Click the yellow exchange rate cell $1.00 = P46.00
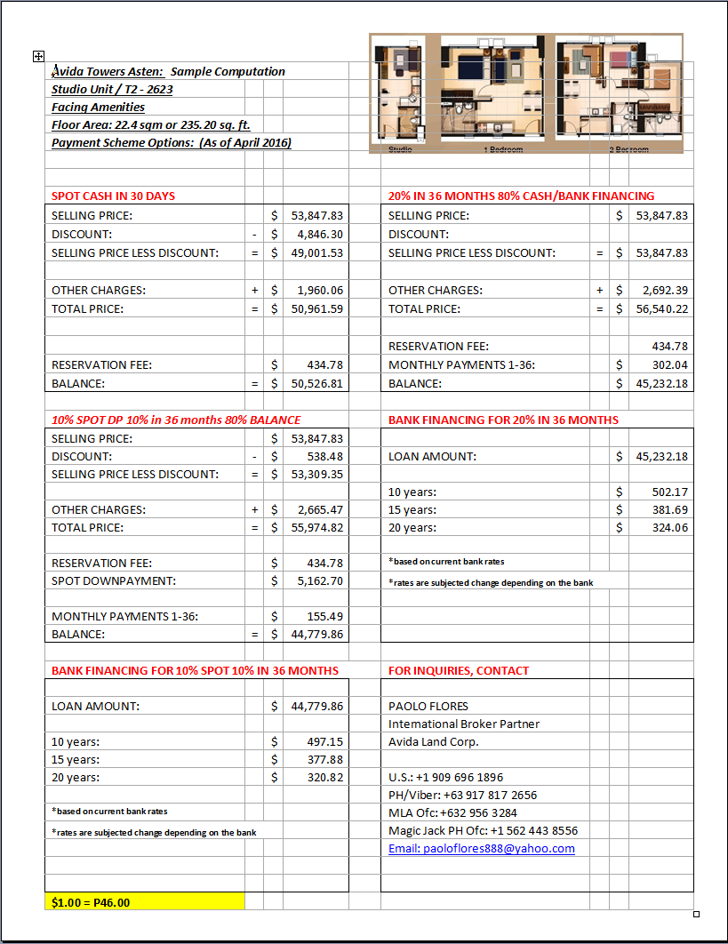tap(144, 901)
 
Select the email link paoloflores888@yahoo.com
tap(481, 848)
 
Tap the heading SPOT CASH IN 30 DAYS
tap(113, 196)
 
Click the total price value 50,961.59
tap(311, 308)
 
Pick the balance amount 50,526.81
tap(311, 383)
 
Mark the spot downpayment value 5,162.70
tap(311, 580)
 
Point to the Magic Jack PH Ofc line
tap(483, 830)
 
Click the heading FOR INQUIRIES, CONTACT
tap(459, 670)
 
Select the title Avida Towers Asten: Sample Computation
tap(169, 71)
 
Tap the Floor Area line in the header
tap(156, 124)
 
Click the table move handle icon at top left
tap(38, 56)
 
